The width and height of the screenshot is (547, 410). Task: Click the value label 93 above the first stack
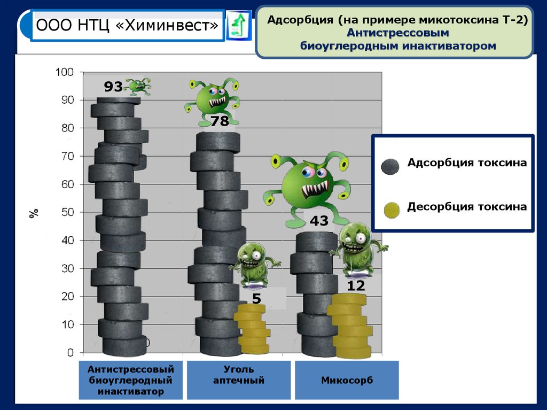(113, 87)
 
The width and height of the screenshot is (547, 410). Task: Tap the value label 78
(220, 121)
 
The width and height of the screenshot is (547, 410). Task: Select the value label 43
(318, 221)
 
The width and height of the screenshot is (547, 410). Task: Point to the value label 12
(356, 286)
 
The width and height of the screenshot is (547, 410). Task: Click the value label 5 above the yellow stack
(256, 298)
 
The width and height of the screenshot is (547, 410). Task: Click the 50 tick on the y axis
(67, 212)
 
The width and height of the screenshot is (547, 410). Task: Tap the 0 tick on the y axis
(70, 353)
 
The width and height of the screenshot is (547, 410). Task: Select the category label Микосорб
(347, 381)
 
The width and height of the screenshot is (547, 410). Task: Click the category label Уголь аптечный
(239, 375)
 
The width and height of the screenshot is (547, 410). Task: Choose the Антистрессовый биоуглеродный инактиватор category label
(131, 380)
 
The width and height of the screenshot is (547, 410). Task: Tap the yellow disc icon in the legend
(391, 210)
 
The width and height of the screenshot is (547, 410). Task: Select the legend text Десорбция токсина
(467, 206)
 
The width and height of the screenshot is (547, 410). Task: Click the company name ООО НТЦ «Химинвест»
(127, 25)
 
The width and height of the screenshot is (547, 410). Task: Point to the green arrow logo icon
(238, 25)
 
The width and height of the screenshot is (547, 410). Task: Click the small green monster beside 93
(138, 85)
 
